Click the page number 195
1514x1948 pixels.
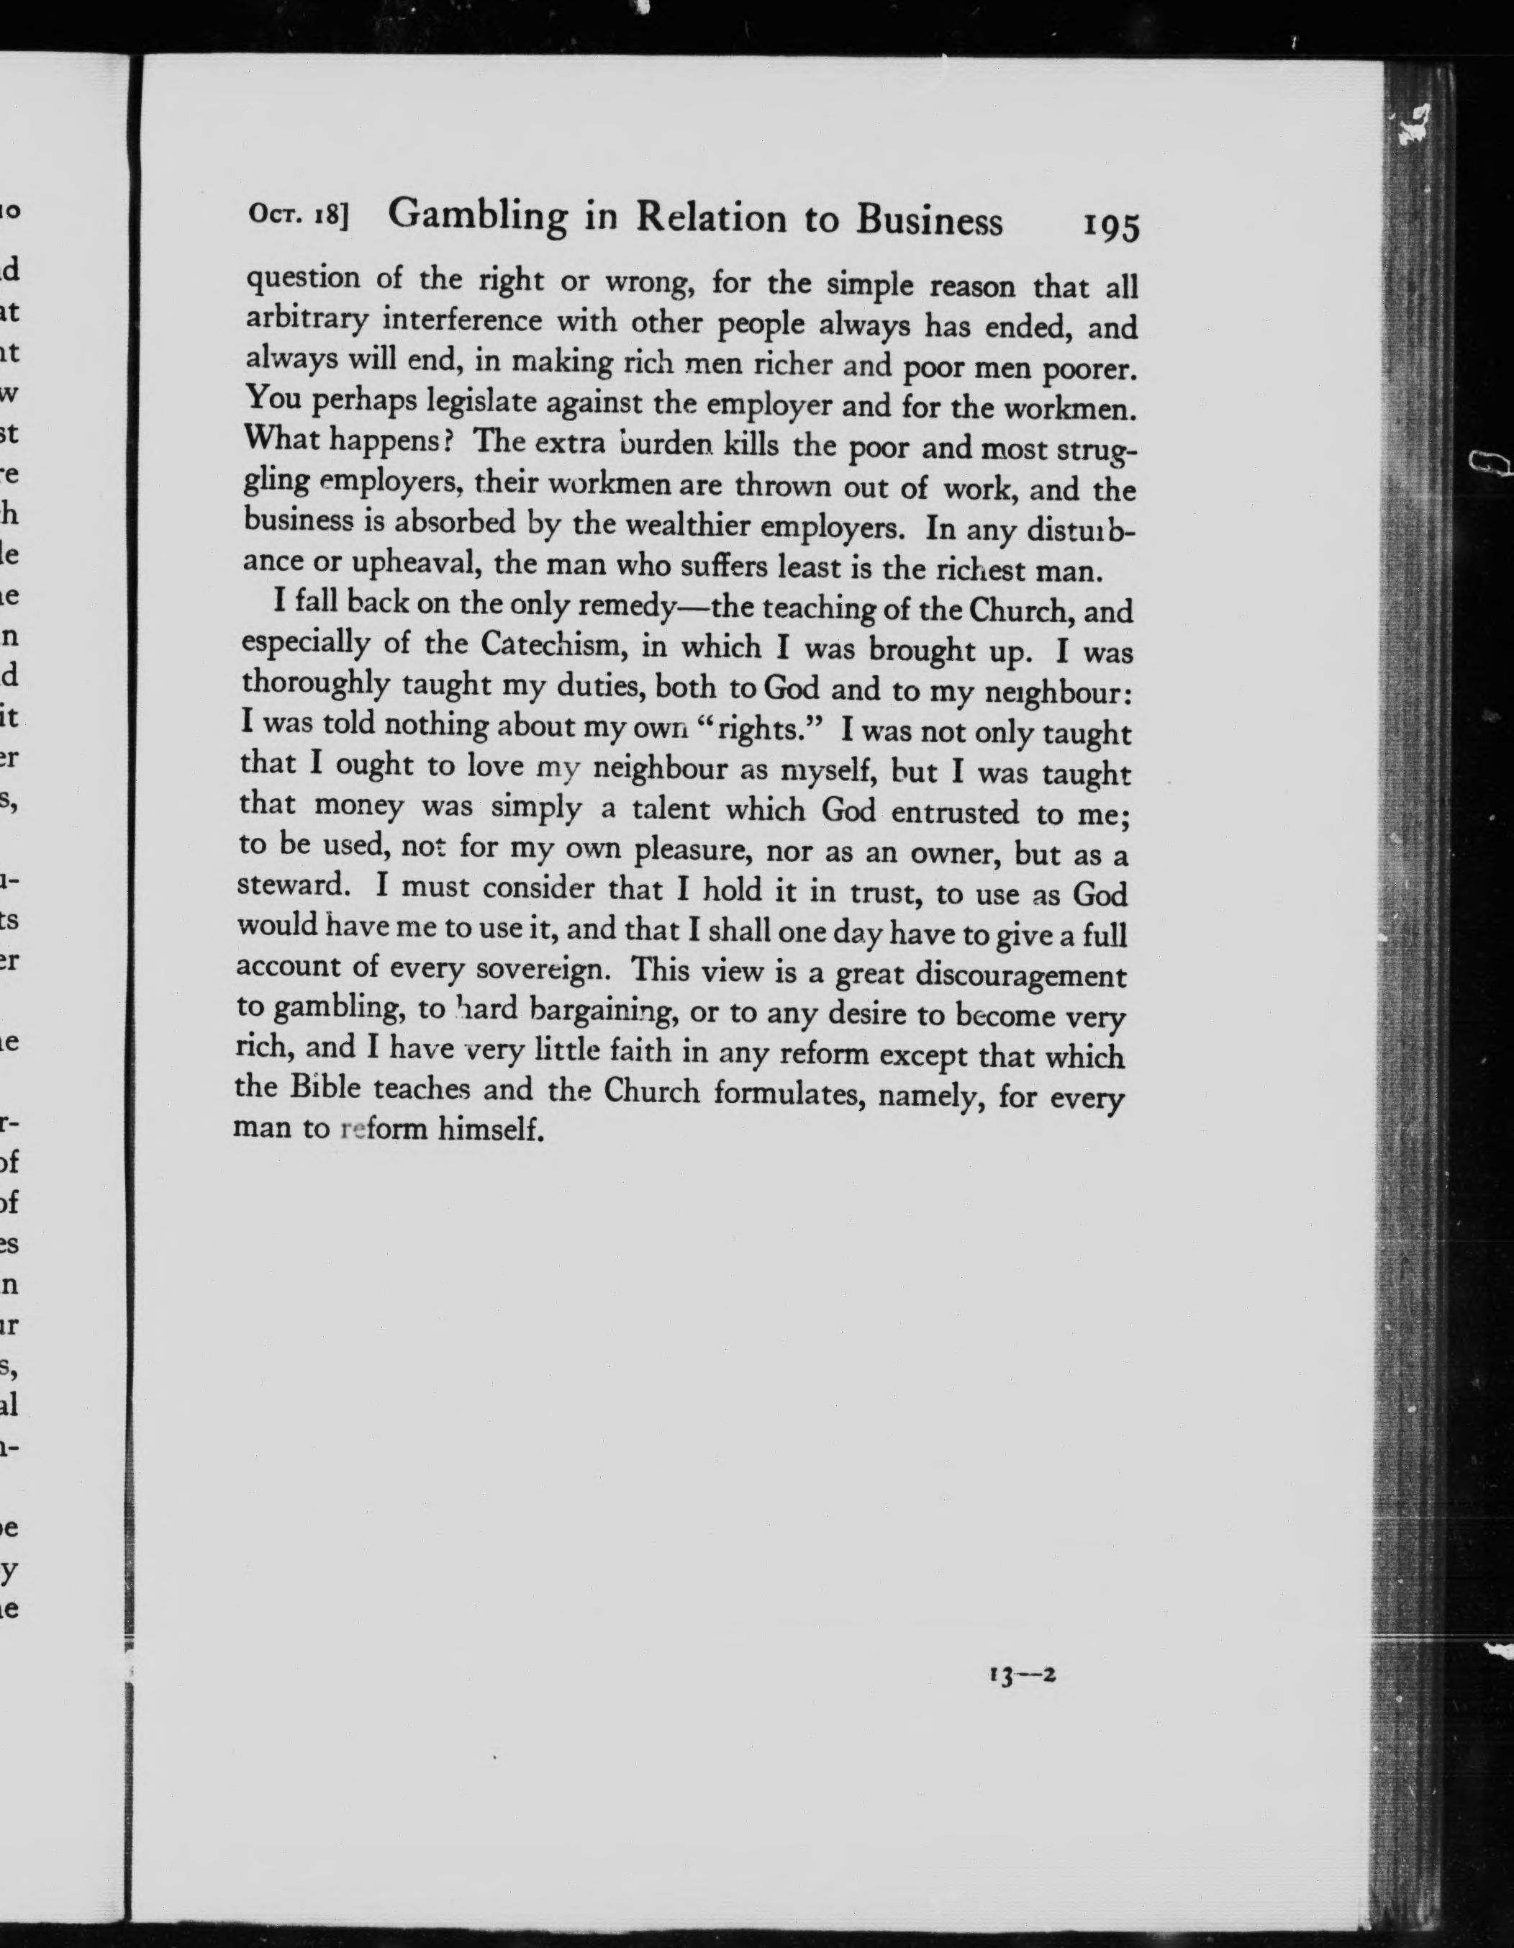point(1111,227)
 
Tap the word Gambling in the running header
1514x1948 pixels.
point(478,216)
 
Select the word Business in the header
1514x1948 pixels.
point(929,221)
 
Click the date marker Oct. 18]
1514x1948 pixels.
point(299,216)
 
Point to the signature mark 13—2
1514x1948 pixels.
point(1022,1675)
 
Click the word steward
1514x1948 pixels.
point(291,885)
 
